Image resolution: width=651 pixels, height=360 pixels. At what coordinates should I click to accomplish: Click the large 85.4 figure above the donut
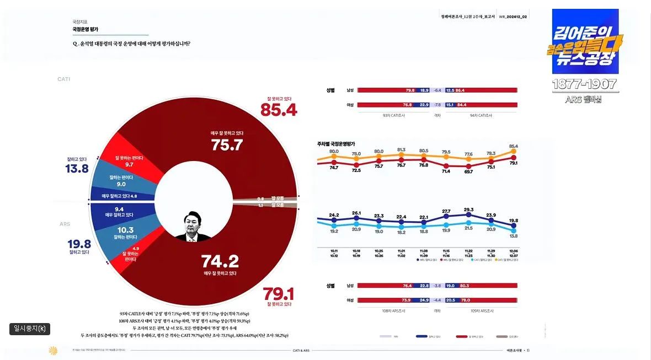(x=279, y=110)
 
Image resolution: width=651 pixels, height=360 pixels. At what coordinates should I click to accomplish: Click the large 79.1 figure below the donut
(x=279, y=292)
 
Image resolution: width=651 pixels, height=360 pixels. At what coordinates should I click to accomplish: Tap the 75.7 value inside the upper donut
(x=227, y=145)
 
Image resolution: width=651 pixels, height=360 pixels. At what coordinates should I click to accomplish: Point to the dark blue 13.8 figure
(x=77, y=169)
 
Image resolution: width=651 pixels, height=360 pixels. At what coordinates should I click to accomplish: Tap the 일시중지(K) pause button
(x=30, y=329)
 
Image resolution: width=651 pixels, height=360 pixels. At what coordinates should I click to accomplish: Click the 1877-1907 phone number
(x=585, y=84)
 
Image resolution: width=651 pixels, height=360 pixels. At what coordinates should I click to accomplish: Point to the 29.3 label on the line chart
(x=468, y=210)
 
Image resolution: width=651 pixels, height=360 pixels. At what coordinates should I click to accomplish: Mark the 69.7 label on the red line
(x=468, y=172)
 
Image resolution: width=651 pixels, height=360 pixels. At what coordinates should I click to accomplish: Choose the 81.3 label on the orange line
(x=401, y=150)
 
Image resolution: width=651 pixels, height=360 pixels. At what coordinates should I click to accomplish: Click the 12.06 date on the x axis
(x=514, y=250)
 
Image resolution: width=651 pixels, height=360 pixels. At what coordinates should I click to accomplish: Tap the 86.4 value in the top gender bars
(x=460, y=90)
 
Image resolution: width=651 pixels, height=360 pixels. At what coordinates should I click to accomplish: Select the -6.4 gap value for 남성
(x=437, y=90)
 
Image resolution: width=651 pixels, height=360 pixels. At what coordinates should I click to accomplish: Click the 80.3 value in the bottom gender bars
(x=464, y=286)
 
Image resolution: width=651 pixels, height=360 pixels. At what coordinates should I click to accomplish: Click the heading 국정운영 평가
(x=86, y=29)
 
